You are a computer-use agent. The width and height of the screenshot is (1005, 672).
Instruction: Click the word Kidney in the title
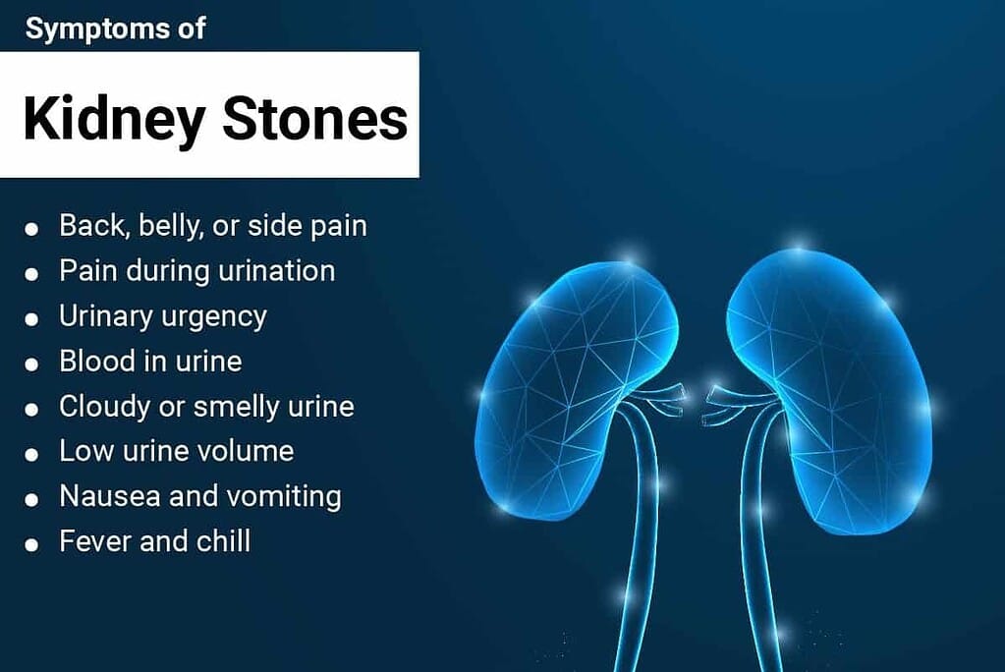click(x=114, y=119)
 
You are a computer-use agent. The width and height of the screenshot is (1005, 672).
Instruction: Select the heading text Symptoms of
click(x=115, y=28)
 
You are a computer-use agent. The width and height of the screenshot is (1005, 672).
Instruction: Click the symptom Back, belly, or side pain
click(x=212, y=226)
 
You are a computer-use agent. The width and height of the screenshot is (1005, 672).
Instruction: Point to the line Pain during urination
click(x=196, y=270)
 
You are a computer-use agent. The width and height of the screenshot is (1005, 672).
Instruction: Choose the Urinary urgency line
click(x=162, y=316)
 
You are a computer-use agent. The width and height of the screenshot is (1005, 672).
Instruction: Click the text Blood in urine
click(x=150, y=361)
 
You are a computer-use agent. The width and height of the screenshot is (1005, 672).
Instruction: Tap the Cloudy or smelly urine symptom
click(x=206, y=406)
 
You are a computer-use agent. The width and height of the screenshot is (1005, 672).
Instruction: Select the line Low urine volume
click(x=176, y=451)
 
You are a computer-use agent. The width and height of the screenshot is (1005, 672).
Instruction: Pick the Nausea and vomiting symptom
click(x=200, y=496)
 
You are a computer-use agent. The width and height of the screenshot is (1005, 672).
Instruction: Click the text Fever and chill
click(x=154, y=541)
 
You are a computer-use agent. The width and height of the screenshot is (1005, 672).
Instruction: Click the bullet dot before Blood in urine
click(x=32, y=364)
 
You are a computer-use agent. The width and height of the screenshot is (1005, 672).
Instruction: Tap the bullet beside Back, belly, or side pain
click(x=32, y=229)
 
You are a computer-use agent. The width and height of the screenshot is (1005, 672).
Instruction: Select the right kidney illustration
click(x=835, y=383)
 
